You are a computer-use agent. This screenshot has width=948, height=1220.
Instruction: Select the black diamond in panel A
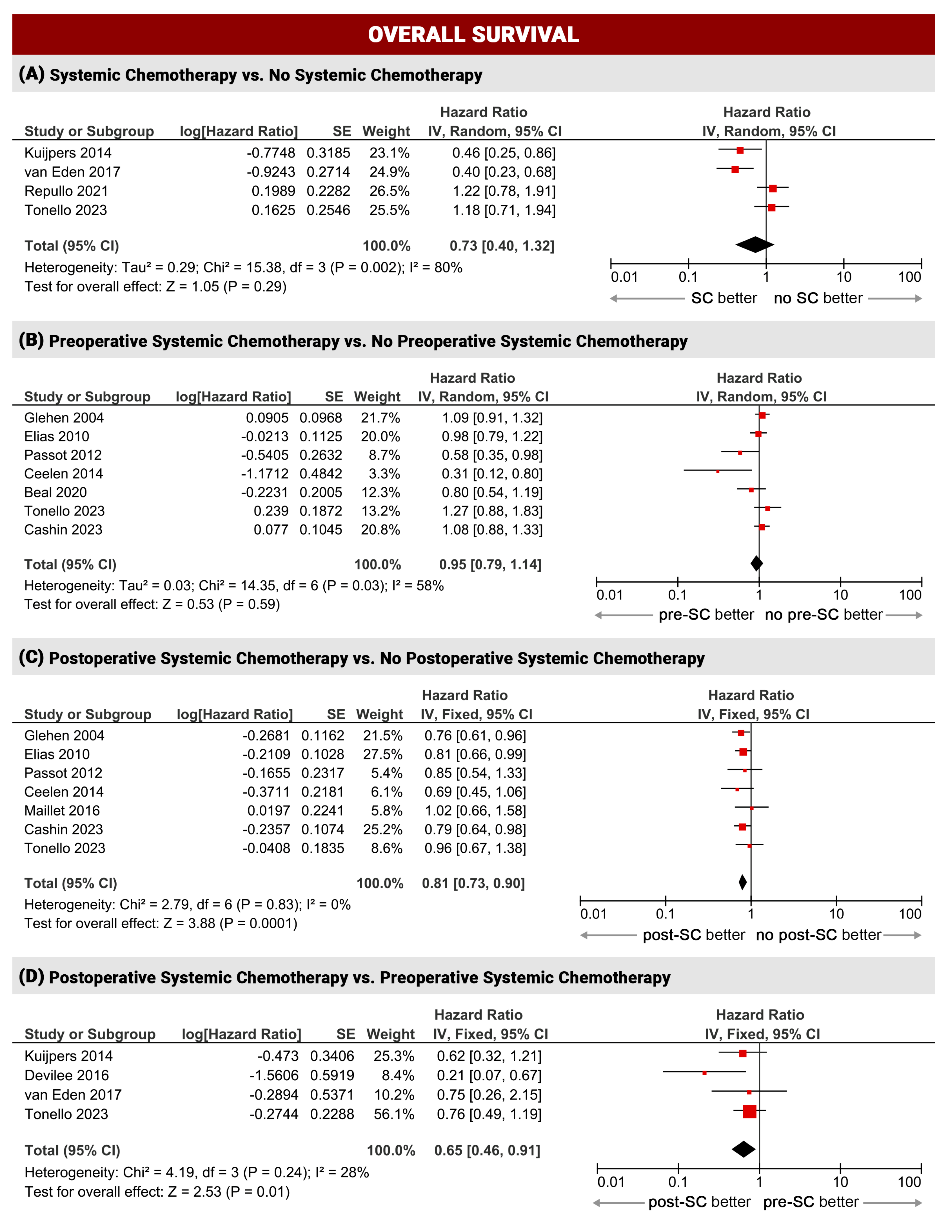[x=755, y=245]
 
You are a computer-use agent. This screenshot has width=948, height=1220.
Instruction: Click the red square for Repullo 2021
[x=773, y=189]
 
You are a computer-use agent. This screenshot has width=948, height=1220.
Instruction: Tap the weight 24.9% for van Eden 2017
[x=389, y=172]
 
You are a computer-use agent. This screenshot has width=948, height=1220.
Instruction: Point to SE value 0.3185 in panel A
[x=328, y=153]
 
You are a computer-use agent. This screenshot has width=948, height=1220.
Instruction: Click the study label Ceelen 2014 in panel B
[x=64, y=474]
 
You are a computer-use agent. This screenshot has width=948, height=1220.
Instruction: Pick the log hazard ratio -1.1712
[x=265, y=474]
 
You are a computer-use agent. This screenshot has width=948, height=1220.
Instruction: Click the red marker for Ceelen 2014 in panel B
[x=718, y=472]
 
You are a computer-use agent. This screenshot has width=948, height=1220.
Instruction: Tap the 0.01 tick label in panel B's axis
[x=609, y=595]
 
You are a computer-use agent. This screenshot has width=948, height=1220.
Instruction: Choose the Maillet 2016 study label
[x=62, y=810]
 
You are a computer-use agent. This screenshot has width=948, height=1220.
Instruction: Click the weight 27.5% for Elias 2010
[x=383, y=755]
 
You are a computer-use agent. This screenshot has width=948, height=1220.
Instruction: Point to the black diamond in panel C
[x=742, y=882]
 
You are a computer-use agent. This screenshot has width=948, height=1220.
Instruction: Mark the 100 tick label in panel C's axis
[x=909, y=914]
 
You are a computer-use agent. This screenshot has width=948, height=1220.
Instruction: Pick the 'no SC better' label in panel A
[x=818, y=298]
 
